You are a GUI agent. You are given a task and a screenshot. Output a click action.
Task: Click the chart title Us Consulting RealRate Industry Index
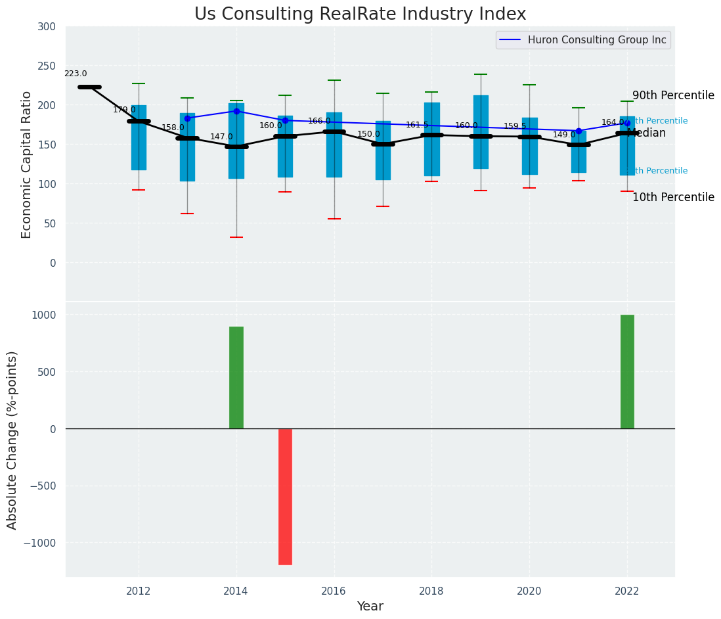coord(360,14)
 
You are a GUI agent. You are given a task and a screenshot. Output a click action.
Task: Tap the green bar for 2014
coord(236,377)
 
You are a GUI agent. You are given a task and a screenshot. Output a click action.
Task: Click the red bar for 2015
coord(285,496)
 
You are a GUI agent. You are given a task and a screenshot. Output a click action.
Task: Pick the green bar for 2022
coord(627,371)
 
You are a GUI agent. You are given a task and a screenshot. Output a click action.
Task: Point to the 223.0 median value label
coord(76,74)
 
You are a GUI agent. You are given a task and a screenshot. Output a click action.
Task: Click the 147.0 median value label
coord(221,137)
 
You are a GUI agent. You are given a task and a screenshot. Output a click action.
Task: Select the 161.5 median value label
coord(417,125)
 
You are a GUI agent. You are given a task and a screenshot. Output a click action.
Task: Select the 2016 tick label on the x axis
coord(334,591)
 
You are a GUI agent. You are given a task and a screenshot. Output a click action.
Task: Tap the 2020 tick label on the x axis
coord(529,591)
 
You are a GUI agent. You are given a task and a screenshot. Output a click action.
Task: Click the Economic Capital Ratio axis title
coord(27,164)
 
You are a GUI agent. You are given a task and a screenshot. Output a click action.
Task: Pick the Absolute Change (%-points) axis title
coord(12,440)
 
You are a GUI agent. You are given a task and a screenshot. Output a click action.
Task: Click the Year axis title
coord(370,607)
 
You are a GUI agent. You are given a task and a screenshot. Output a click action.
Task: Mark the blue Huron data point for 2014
coord(236,111)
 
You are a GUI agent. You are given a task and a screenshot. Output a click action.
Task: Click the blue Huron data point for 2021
coord(579,131)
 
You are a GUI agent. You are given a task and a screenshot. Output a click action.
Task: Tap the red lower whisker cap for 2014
coord(236,237)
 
